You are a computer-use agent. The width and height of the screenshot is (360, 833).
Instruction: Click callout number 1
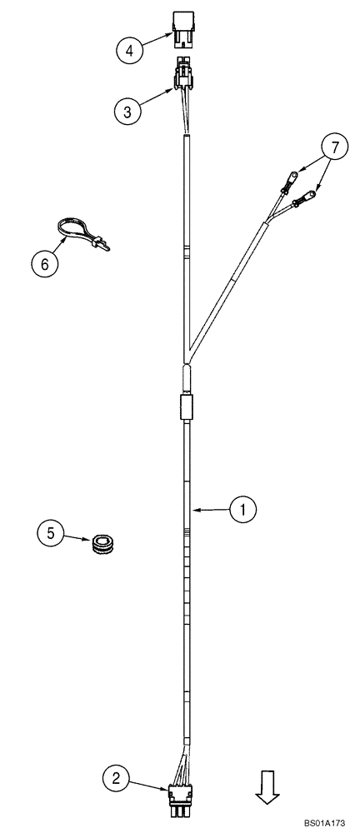pos(242,508)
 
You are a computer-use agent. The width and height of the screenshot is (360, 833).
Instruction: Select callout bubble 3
pos(126,112)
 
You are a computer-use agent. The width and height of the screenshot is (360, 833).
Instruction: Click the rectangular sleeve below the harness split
pos(187,409)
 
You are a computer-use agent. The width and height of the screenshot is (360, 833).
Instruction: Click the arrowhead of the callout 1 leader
pos(194,508)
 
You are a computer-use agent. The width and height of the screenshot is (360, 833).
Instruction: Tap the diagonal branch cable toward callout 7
pos(229,282)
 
